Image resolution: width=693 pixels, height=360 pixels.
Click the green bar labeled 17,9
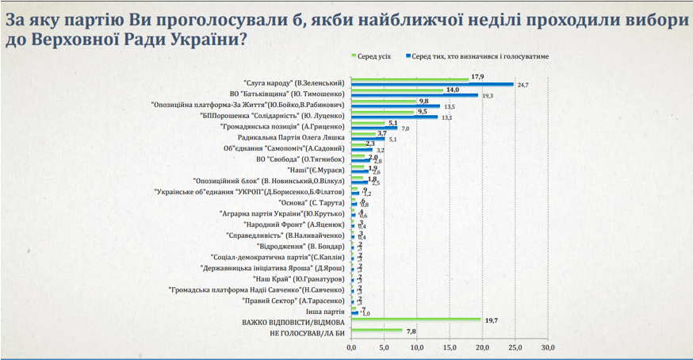point(408,79)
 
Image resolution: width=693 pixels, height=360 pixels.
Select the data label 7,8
point(411,331)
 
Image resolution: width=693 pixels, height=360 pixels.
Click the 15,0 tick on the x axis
point(450,348)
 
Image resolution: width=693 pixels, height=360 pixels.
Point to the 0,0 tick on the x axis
point(351,348)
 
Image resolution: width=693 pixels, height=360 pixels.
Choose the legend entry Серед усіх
point(370,56)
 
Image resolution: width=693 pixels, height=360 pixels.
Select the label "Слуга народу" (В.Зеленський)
point(293,82)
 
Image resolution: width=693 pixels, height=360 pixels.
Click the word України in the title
point(197,40)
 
